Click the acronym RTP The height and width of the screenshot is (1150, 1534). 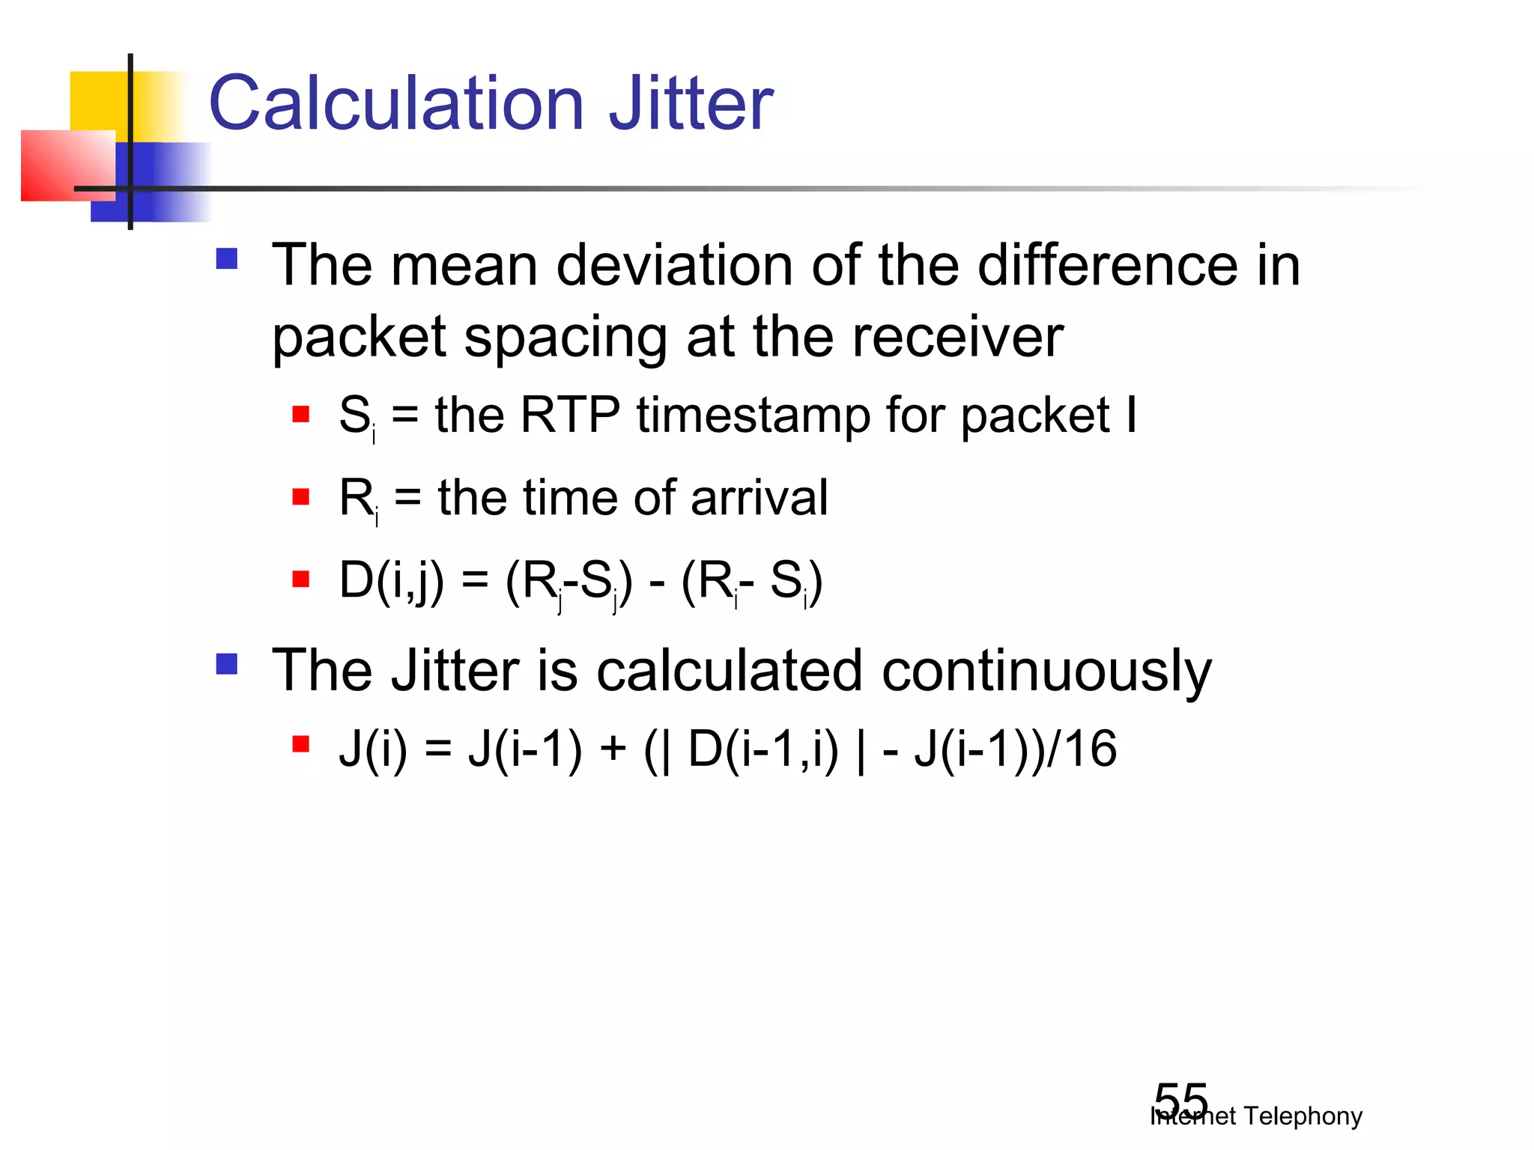click(x=570, y=415)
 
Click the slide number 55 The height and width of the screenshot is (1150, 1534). click(x=1181, y=1101)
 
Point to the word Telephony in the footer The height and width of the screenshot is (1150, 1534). click(x=1303, y=1116)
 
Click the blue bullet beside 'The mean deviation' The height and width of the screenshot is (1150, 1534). click(x=226, y=259)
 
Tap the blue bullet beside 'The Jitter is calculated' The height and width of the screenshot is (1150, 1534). click(x=226, y=664)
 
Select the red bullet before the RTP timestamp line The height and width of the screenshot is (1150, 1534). click(x=301, y=414)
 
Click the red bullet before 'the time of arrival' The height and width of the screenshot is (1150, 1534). click(x=301, y=496)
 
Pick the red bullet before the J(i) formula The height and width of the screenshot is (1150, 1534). click(x=301, y=743)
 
